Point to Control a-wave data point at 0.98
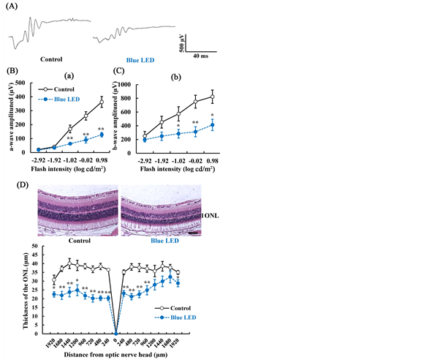pyautogui.click(x=102, y=102)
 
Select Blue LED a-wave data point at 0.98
pyautogui.click(x=102, y=135)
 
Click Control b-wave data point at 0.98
pyautogui.click(x=213, y=97)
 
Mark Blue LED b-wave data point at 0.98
pyautogui.click(x=213, y=125)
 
